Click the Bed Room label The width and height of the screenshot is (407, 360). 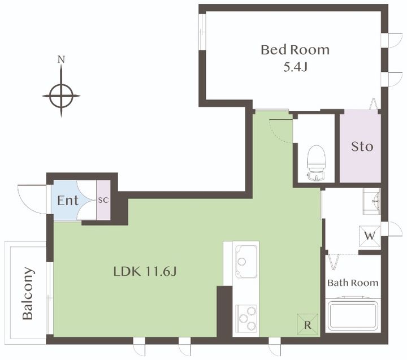[295, 50]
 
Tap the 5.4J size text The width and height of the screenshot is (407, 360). [295, 67]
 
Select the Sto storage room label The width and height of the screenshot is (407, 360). [362, 146]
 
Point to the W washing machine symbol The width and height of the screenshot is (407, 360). [370, 236]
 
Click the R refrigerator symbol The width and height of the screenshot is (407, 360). [308, 324]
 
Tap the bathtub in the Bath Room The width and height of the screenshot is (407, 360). [353, 315]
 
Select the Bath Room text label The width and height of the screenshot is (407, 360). [353, 283]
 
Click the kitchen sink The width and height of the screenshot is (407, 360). [246, 262]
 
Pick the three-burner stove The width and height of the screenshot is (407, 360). [246, 319]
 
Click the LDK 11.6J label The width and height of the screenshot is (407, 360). [145, 272]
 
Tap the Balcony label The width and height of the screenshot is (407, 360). [28, 293]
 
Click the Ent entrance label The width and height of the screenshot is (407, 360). [67, 201]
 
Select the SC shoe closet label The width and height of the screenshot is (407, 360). [103, 201]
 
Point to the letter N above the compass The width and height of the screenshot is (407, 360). [61, 60]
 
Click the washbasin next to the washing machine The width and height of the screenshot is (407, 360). [371, 201]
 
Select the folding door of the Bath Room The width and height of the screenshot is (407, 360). [334, 262]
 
